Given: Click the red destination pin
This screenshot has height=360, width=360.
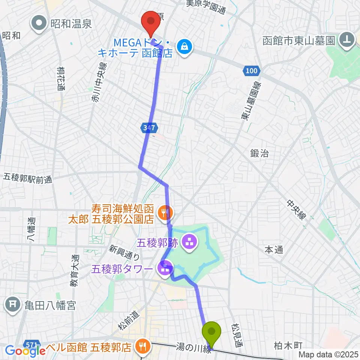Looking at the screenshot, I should click(x=151, y=22).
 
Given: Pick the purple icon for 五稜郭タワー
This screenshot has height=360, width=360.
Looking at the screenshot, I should click(x=165, y=268).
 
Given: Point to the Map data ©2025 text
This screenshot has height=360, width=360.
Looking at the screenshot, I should click(x=328, y=354).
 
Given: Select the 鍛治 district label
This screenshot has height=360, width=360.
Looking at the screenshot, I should click(x=259, y=153).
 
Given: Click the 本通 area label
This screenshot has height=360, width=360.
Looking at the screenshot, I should click(x=273, y=249).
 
